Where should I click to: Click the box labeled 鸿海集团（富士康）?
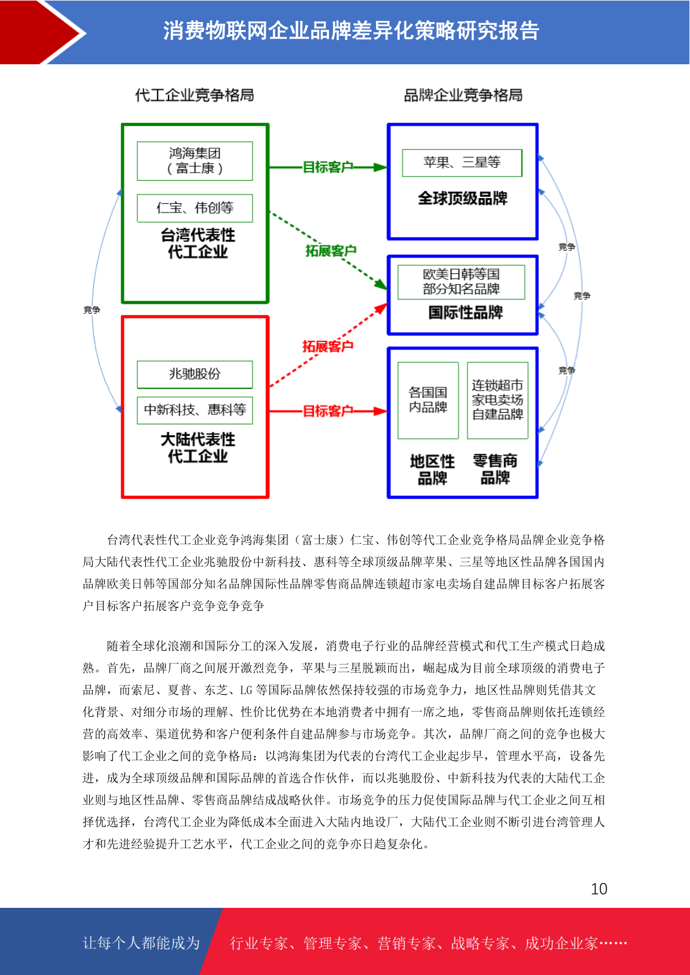pyautogui.click(x=195, y=160)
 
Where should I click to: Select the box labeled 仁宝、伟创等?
pyautogui.click(x=195, y=208)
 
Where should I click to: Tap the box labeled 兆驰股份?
pyautogui.click(x=195, y=375)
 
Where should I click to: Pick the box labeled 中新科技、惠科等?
pyautogui.click(x=195, y=410)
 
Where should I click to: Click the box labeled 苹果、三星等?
pyautogui.click(x=462, y=163)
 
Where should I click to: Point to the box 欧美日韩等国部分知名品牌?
pyautogui.click(x=461, y=282)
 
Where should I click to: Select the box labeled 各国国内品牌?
pyautogui.click(x=428, y=401)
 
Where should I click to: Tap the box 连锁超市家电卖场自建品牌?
pyautogui.click(x=498, y=401)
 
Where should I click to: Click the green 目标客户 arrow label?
pyautogui.click(x=328, y=167)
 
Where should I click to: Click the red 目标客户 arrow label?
pyautogui.click(x=328, y=411)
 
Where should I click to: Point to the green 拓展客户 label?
pyautogui.click(x=331, y=251)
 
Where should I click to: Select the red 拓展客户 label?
pyautogui.click(x=328, y=346)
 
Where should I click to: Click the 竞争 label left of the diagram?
pyautogui.click(x=92, y=310)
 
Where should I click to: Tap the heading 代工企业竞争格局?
pyautogui.click(x=194, y=95)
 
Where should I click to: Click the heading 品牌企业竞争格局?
pyautogui.click(x=463, y=95)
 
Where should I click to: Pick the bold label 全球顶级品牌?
pyautogui.click(x=463, y=199)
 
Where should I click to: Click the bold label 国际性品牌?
pyautogui.click(x=466, y=313)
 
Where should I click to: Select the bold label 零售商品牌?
pyautogui.click(x=495, y=469)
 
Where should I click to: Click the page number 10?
pyautogui.click(x=599, y=889)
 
